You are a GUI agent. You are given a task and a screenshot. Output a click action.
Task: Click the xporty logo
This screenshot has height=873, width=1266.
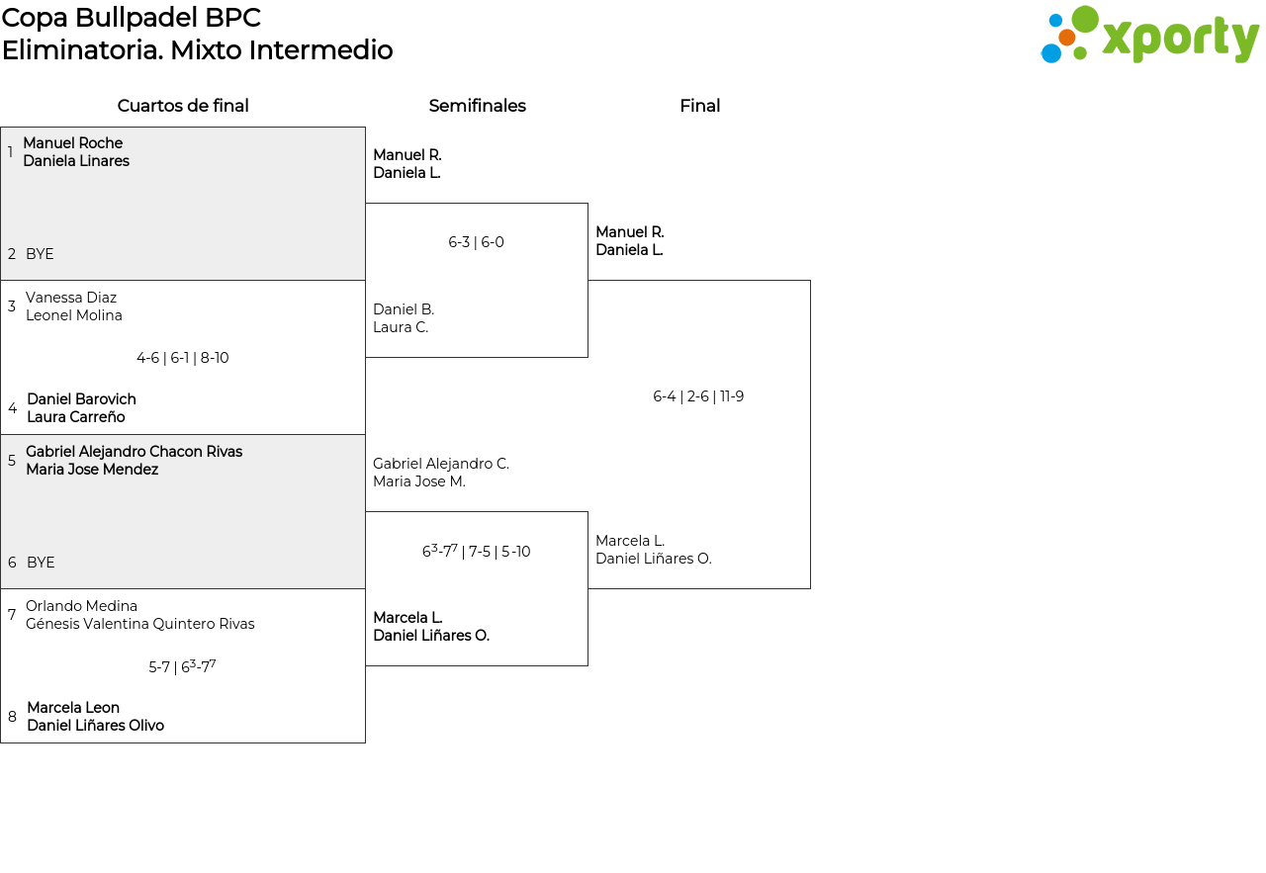tap(1149, 35)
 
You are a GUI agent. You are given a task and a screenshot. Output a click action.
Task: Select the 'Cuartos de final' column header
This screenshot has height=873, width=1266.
tap(183, 106)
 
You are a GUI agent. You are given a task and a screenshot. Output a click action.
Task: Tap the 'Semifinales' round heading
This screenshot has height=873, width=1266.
tap(477, 106)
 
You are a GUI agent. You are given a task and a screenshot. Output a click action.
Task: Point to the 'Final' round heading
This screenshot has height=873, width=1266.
tap(699, 106)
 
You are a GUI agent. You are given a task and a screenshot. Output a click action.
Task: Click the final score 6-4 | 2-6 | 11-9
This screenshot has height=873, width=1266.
tap(698, 396)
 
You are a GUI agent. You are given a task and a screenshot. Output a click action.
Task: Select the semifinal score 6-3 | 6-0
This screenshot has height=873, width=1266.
tap(476, 242)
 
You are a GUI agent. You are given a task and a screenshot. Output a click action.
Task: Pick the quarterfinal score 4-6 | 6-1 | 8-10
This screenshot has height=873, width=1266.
tap(183, 358)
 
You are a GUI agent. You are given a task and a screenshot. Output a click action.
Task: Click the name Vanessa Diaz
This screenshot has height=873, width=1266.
tap(71, 298)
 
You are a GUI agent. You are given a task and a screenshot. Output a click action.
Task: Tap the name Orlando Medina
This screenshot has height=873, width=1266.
tap(81, 606)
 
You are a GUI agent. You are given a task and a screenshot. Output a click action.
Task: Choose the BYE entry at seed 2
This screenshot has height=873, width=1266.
tap(40, 254)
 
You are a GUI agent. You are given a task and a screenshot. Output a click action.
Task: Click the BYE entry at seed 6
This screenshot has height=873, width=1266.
tap(41, 563)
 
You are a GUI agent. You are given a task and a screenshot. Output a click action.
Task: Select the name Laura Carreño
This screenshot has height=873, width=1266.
tap(76, 417)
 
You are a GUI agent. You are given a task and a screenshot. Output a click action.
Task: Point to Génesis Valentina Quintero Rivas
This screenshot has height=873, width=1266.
tap(140, 624)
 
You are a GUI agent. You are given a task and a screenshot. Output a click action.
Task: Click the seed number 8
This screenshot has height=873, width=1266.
tap(12, 717)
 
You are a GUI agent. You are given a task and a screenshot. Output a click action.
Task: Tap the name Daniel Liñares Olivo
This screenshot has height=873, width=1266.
tap(96, 726)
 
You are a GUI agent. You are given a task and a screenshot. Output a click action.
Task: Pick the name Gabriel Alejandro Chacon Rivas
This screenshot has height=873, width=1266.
tap(134, 452)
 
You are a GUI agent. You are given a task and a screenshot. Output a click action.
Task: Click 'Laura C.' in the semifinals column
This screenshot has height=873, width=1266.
tap(401, 327)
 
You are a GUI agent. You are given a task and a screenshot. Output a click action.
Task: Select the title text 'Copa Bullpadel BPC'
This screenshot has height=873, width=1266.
tap(132, 18)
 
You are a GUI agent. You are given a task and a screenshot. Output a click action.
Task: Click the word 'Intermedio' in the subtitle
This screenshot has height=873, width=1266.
tap(320, 49)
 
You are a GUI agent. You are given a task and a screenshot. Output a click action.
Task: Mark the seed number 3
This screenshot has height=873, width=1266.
tap(11, 306)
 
